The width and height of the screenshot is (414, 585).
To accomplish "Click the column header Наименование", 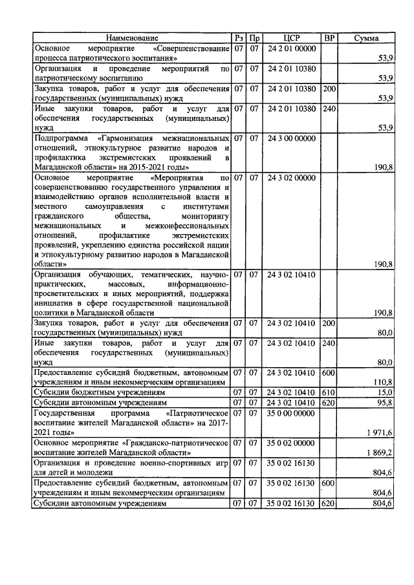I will [x=132, y=38].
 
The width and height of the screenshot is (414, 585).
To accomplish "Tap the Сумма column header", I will [x=367, y=38].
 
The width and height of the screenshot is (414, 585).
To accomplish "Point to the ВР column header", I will [x=329, y=38].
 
